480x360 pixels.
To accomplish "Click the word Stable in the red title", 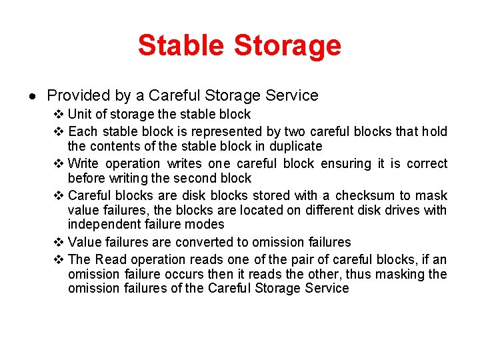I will pos(181,45).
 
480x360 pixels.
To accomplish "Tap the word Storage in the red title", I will pos(287,45).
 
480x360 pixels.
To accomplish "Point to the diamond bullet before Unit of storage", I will pos(58,115).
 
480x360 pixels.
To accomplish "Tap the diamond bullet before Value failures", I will pos(58,243).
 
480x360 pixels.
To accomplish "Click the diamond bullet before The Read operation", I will pos(58,260).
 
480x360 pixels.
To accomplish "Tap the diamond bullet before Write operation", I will pos(58,164).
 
